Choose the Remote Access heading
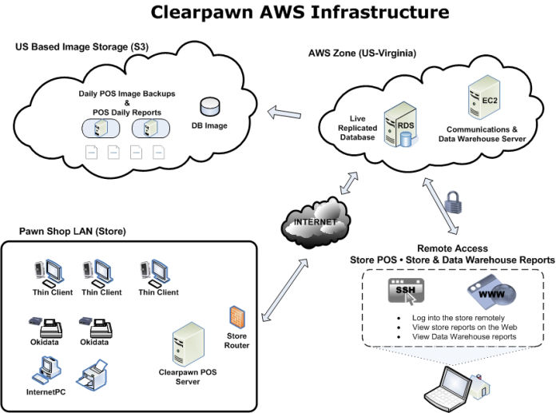tap(452, 248)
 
